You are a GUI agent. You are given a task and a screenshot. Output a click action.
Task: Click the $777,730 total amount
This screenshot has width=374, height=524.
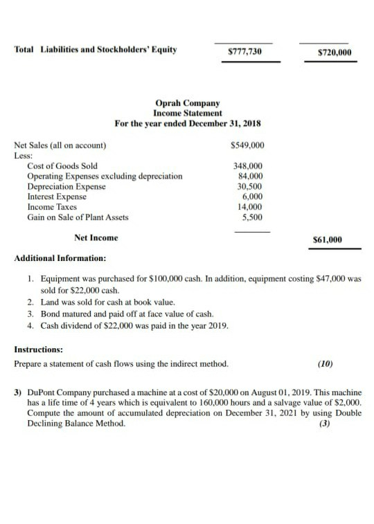pos(245,51)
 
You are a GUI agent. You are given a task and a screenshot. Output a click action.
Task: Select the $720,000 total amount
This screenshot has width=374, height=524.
pos(334,53)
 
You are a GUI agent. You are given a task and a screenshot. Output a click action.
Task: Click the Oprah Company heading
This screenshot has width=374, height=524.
pos(188,103)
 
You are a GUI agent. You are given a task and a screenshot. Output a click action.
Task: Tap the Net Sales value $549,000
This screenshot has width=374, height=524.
pos(246,145)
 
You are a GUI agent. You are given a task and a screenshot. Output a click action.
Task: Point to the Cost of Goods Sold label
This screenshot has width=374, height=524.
pos(62,166)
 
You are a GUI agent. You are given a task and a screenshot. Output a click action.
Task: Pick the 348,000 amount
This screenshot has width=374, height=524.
pos(249,166)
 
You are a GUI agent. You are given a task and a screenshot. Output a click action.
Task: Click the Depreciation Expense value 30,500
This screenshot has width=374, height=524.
pos(250,186)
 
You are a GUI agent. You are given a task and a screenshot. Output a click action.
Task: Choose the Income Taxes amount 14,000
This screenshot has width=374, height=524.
pos(250,207)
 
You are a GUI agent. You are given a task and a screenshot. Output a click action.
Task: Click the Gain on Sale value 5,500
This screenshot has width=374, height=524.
pos(252,217)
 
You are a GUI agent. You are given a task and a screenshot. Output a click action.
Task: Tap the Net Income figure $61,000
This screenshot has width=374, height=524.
pos(328,240)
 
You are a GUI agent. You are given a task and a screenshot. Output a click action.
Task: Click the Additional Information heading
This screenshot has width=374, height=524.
pos(60,258)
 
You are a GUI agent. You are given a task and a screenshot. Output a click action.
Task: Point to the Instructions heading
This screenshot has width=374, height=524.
pos(39,350)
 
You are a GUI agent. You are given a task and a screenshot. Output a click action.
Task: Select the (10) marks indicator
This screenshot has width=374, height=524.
pos(324,363)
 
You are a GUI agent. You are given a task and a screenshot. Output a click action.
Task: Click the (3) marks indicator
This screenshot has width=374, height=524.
pos(324,424)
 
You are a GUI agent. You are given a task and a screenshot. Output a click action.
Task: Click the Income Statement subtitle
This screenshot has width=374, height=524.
pos(188,113)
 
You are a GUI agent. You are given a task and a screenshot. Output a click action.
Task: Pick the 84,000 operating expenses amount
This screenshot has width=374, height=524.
pos(250,176)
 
